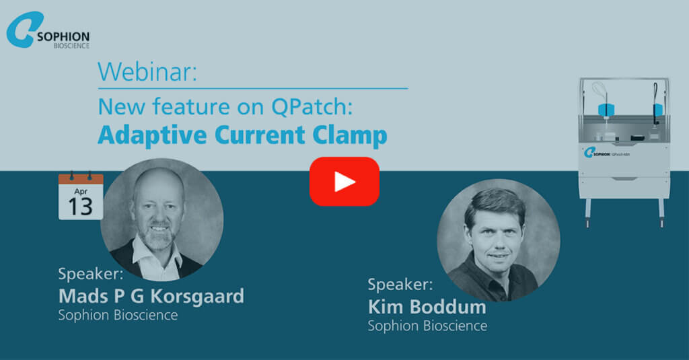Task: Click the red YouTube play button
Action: pos(344,181)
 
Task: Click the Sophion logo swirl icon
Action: pos(24,30)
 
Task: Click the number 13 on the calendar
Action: pos(80,206)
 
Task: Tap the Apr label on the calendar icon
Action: pos(80,189)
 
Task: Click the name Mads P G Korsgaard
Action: pos(151,295)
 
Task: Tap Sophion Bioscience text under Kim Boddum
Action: pos(427,326)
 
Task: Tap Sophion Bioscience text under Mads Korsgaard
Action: pos(118,314)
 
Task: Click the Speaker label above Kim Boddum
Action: pos(400,284)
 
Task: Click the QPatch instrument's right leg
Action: pos(661,212)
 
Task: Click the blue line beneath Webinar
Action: pos(252,88)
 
